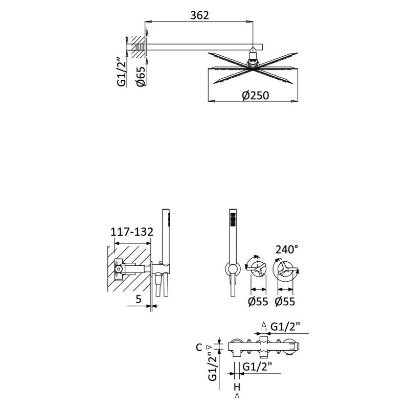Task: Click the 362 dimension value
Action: pyautogui.click(x=199, y=15)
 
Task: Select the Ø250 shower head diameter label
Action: pyautogui.click(x=255, y=96)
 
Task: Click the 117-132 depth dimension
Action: pyautogui.click(x=132, y=232)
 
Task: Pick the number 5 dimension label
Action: pyautogui.click(x=139, y=299)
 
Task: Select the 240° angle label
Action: pyautogui.click(x=287, y=249)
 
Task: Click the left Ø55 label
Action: pyautogui.click(x=258, y=302)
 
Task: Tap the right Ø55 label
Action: pyautogui.click(x=285, y=302)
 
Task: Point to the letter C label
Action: pyautogui.click(x=199, y=347)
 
